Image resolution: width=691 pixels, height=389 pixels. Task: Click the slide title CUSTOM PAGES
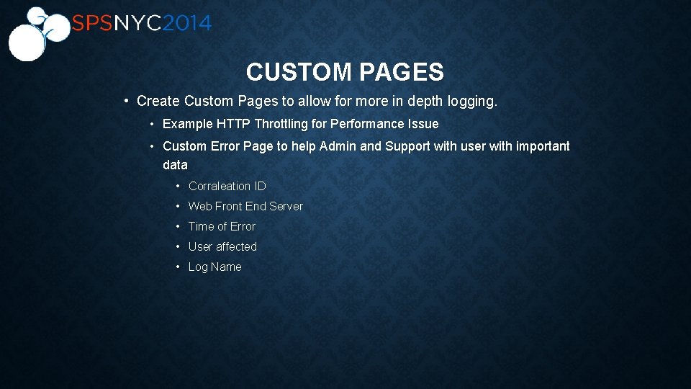pos(345,72)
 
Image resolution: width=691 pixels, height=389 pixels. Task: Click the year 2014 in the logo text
pos(186,24)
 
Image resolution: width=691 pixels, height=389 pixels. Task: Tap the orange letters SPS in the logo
pos(92,24)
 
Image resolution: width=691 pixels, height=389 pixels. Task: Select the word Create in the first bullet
pos(158,102)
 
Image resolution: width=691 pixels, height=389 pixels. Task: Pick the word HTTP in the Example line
pos(233,124)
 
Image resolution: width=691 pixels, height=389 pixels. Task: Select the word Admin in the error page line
pos(338,146)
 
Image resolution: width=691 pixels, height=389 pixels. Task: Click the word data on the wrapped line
pos(175,165)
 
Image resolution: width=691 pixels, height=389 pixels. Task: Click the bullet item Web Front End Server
pos(245,206)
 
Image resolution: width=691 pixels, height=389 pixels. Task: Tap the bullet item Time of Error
pos(222,226)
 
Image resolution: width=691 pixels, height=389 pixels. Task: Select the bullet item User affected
pos(222,246)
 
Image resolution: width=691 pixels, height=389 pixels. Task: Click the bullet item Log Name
pos(214,267)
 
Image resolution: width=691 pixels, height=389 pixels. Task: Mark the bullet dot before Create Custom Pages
pos(126,102)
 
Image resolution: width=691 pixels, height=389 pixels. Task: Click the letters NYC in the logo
pos(137,24)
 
